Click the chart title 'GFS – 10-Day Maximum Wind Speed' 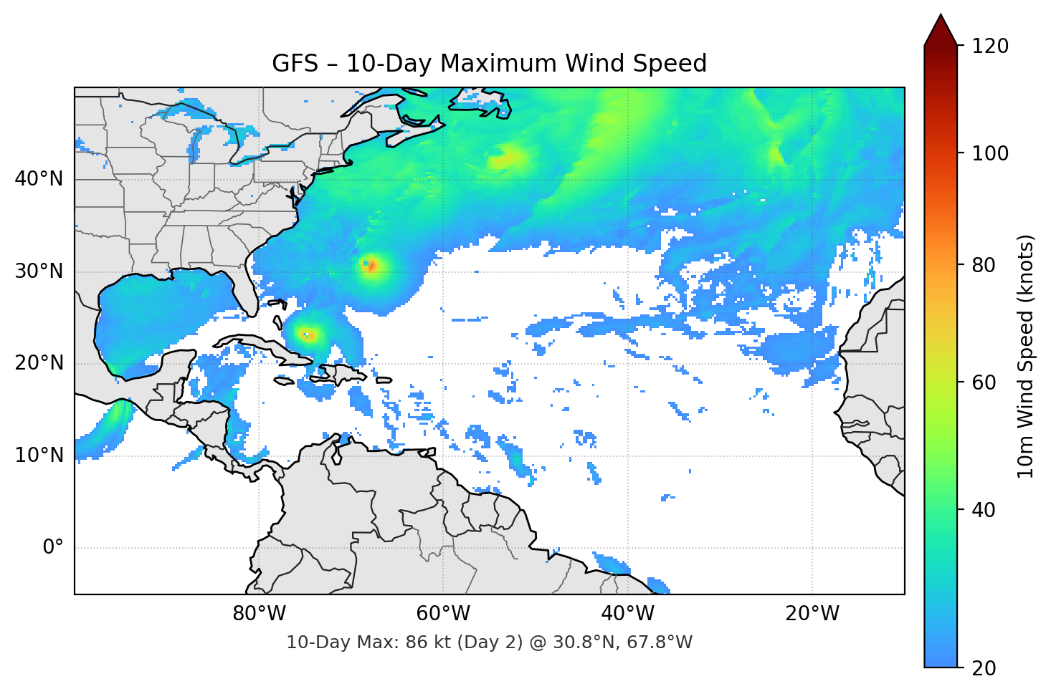click(489, 64)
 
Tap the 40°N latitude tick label click(39, 179)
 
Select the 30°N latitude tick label click(39, 271)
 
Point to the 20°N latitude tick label click(39, 363)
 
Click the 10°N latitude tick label click(39, 456)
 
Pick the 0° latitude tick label click(53, 548)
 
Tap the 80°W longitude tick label click(259, 614)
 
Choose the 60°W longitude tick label click(443, 614)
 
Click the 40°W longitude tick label click(627, 614)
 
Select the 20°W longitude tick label click(812, 614)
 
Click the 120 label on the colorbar click(990, 47)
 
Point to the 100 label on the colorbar click(990, 153)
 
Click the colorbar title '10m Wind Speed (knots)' click(1026, 357)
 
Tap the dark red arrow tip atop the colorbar click(941, 29)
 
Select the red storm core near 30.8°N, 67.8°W click(371, 266)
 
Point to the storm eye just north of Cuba click(308, 334)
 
